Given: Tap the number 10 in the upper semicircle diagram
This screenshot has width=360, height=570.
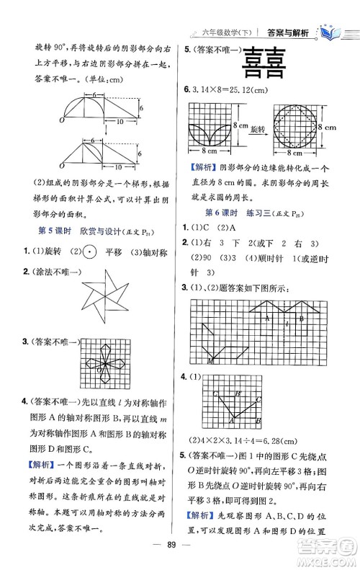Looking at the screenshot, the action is click(x=107, y=123).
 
